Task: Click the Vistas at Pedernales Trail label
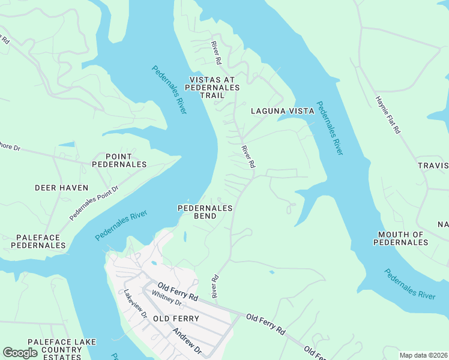click(x=214, y=87)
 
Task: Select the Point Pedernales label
click(x=118, y=160)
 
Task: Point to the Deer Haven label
click(x=61, y=188)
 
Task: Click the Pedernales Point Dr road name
click(x=94, y=203)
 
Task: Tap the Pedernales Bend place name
click(x=205, y=212)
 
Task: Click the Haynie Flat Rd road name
click(x=388, y=115)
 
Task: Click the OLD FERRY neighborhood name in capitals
click(x=176, y=318)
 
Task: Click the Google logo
click(x=20, y=353)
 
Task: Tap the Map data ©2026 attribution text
click(x=423, y=355)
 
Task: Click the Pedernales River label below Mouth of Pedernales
click(x=410, y=283)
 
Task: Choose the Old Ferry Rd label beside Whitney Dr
click(x=178, y=292)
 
